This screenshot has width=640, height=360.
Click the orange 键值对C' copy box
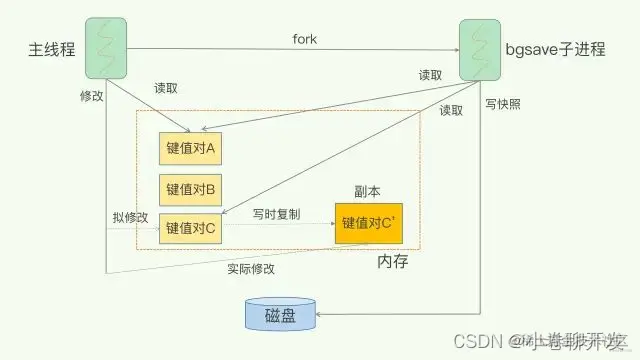pos(370,222)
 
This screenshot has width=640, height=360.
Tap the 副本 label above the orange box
pos(368,189)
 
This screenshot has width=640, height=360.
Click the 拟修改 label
pos(130,217)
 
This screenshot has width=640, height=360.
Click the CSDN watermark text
pos(476,340)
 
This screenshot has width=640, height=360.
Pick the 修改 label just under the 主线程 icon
pos(91,96)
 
